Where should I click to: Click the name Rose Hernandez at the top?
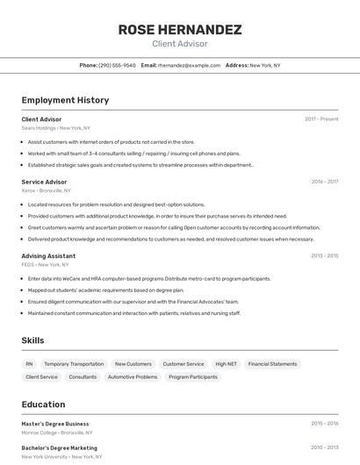179,30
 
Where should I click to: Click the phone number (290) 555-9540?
117,66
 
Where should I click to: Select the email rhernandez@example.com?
189,66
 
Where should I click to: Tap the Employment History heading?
65,100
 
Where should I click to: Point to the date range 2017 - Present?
321,118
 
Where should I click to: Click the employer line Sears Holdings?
56,127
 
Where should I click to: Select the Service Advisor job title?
44,182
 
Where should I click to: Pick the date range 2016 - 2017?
324,182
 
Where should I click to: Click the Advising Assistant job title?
48,256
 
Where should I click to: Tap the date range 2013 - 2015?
324,256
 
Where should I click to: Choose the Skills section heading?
33,340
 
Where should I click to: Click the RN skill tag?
29,364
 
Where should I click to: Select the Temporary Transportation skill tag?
74,364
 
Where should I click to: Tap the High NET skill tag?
226,364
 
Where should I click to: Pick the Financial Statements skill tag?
272,364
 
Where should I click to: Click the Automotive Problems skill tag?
133,377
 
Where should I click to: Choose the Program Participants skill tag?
193,377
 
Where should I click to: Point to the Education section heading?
43,404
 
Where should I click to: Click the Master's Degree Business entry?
55,424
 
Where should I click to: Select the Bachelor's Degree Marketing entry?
59,448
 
